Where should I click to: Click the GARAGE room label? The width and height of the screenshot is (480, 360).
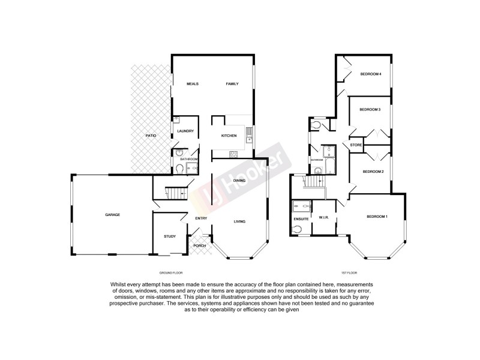click(x=113, y=214)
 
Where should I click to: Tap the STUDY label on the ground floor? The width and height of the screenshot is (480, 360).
click(x=170, y=236)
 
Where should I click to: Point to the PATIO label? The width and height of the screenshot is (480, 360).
click(x=151, y=137)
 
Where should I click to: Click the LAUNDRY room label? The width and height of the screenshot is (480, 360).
click(x=185, y=131)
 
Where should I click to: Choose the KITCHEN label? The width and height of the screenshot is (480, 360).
click(x=229, y=136)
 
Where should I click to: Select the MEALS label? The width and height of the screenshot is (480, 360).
click(x=192, y=84)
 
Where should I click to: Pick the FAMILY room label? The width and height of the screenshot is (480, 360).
click(x=232, y=84)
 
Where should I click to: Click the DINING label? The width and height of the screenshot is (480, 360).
click(x=239, y=181)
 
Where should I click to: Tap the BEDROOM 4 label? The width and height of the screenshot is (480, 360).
click(x=370, y=74)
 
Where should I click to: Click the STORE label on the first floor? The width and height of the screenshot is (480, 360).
click(x=355, y=145)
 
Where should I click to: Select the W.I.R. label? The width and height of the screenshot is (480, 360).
click(x=323, y=217)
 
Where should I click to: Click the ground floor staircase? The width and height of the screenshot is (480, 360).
click(x=173, y=193)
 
